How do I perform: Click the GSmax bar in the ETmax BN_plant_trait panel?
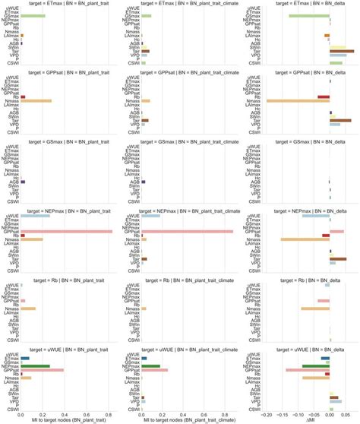(x=33, y=16)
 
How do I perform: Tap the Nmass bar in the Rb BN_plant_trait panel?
(x=28, y=309)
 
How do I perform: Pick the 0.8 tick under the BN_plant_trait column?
(x=108, y=412)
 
